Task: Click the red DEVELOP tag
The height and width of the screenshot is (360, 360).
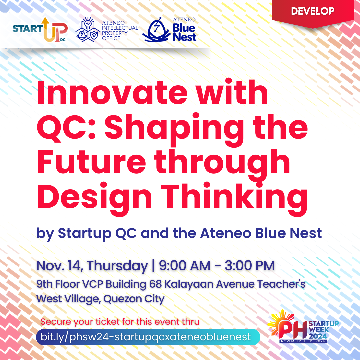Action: [312, 11]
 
